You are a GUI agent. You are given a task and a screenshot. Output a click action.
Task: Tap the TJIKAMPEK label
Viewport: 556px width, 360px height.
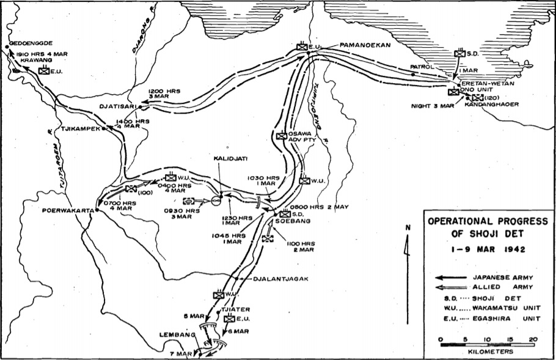coord(80,130)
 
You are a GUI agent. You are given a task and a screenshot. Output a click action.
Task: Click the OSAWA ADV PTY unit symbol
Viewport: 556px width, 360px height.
coord(281,137)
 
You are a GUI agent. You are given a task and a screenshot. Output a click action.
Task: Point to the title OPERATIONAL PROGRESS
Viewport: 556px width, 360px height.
coord(487,222)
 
